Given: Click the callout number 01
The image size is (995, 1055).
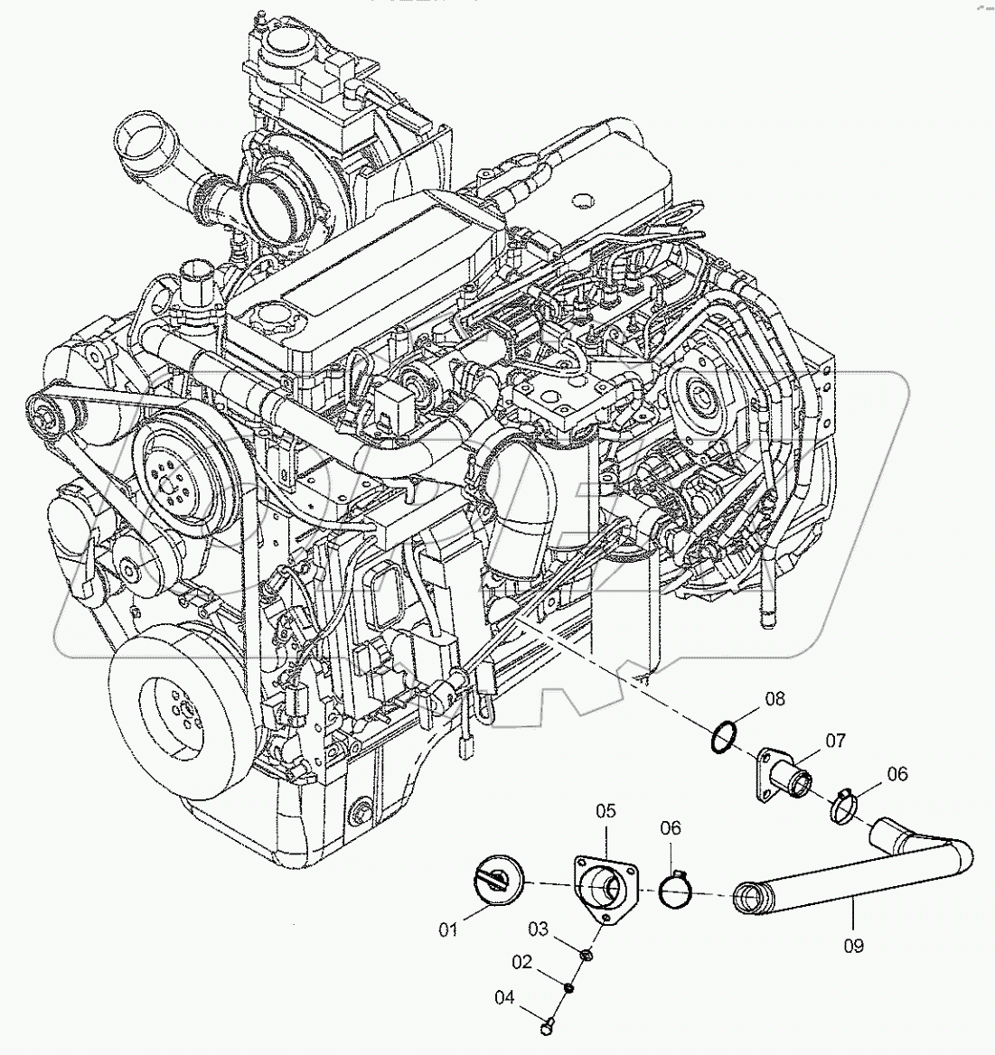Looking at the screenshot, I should pyautogui.click(x=449, y=928).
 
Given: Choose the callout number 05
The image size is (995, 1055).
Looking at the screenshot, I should pyautogui.click(x=604, y=812).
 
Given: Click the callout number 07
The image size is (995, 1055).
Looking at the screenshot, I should pyautogui.click(x=833, y=742).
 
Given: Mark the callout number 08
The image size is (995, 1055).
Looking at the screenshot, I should pyautogui.click(x=774, y=698).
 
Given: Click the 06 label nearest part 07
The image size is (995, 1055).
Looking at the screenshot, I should pyautogui.click(x=896, y=774).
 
